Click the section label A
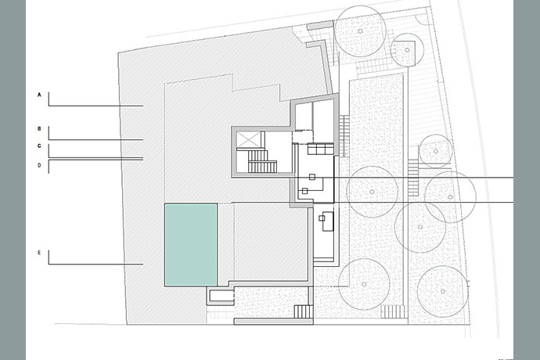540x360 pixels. pyautogui.click(x=39, y=95)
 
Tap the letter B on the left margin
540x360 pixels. pyautogui.click(x=39, y=129)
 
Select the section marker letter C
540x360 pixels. pyautogui.click(x=39, y=146)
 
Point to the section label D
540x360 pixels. pyautogui.click(x=39, y=165)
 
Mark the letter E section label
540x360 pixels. pyautogui.click(x=39, y=253)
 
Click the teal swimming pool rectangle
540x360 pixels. pyautogui.click(x=191, y=245)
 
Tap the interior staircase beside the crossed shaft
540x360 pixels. pyautogui.click(x=261, y=161)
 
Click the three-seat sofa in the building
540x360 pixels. pyautogui.click(x=320, y=149)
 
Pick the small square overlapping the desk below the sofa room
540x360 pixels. pyautogui.click(x=322, y=218)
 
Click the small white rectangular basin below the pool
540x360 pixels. pyautogui.click(x=221, y=296)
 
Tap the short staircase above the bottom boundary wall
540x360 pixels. pyautogui.click(x=304, y=311)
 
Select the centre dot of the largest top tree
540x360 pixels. pyautogui.click(x=360, y=31)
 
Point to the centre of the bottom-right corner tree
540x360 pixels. pyautogui.click(x=443, y=291)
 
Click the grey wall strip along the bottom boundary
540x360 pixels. pyautogui.click(x=273, y=322)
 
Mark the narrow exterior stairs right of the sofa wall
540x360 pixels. pyautogui.click(x=344, y=136)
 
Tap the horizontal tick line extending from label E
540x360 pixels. pyautogui.click(x=95, y=265)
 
